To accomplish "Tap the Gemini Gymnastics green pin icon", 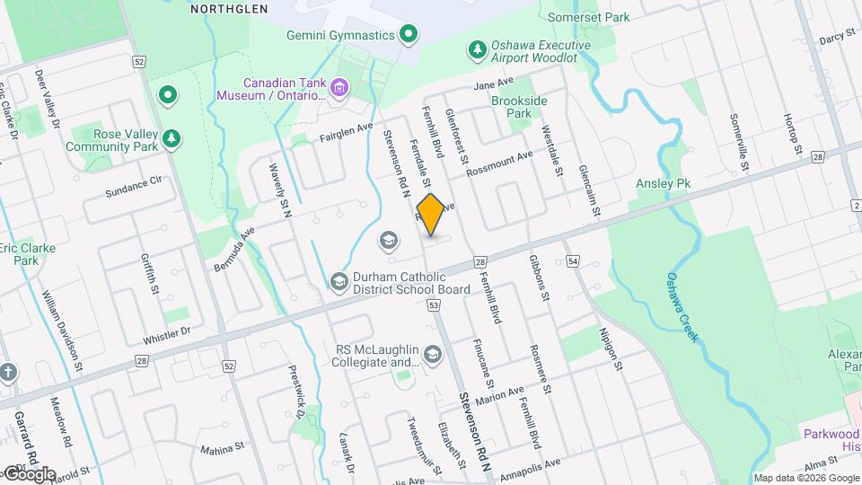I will [409, 35].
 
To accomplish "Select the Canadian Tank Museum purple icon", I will [339, 87].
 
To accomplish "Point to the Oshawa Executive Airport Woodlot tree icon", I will [477, 47].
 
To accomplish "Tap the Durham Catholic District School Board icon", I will [339, 283].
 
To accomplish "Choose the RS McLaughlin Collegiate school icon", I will [434, 356].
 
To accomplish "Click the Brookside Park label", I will [519, 108].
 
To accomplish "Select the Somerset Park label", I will [588, 17].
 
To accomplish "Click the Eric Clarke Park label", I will [27, 254].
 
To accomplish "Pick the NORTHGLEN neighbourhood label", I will [229, 8].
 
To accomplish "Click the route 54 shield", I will [574, 260].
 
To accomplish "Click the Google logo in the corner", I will [29, 473].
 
